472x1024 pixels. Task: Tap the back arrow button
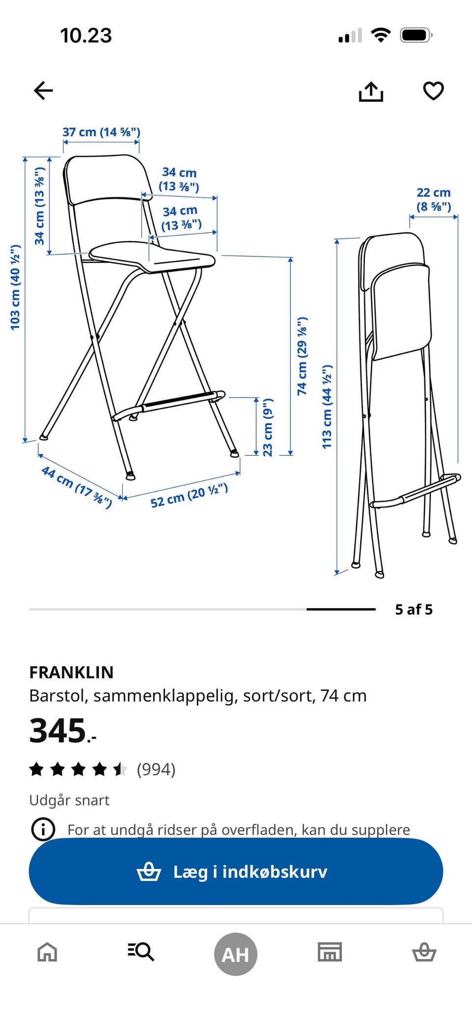(x=43, y=91)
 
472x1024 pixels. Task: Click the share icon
(x=371, y=91)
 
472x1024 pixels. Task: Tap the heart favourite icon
(x=433, y=91)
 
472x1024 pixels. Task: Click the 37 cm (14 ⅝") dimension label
(x=101, y=132)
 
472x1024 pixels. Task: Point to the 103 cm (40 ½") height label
(x=15, y=287)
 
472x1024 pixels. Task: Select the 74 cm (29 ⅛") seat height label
(x=302, y=356)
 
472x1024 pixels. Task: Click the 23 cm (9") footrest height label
(x=267, y=427)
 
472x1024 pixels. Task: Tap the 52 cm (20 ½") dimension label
(x=189, y=496)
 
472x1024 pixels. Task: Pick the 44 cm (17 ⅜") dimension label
(x=77, y=487)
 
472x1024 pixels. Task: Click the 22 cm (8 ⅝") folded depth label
(x=434, y=199)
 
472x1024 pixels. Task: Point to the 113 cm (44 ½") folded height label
(x=327, y=407)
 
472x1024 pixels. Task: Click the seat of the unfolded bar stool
(x=152, y=257)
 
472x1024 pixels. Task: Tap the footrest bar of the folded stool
(x=415, y=491)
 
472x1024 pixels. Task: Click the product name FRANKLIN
(x=71, y=672)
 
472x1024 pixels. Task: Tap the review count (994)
(x=156, y=769)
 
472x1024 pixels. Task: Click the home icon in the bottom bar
(x=47, y=952)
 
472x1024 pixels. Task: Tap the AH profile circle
(x=236, y=954)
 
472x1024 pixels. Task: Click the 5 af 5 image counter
(x=414, y=610)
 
